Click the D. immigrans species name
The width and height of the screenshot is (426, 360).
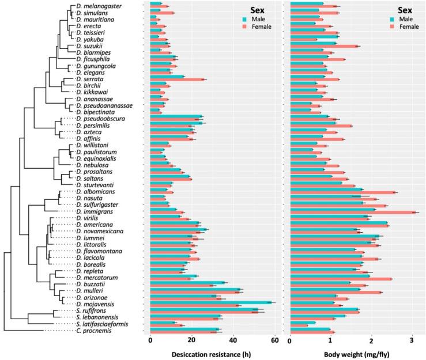(94, 211)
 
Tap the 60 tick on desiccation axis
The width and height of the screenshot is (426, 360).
(275, 340)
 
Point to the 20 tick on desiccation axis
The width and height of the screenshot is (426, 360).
(192, 340)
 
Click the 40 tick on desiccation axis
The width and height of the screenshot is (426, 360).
(233, 340)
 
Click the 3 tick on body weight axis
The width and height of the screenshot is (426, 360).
(412, 340)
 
